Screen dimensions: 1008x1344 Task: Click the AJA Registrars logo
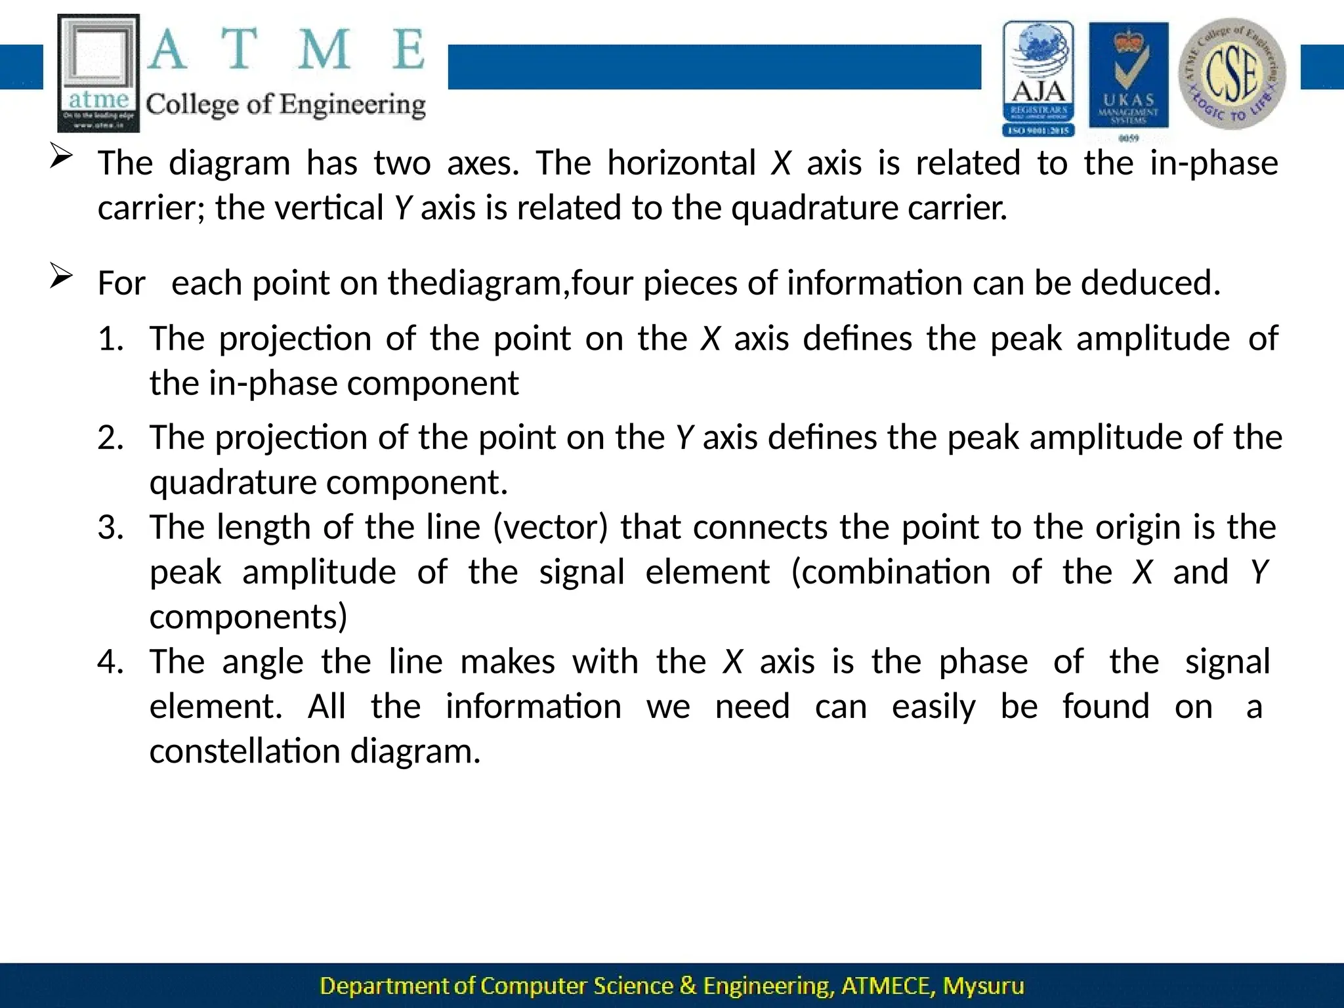[1038, 79]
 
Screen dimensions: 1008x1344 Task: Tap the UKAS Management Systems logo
[1129, 79]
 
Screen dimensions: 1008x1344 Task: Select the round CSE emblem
[1232, 73]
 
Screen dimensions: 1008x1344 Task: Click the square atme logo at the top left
[98, 73]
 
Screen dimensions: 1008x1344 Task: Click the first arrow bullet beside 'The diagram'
[60, 157]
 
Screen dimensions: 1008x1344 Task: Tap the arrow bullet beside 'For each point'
[60, 276]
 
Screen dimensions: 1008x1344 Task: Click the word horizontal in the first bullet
[681, 163]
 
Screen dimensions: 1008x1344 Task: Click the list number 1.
[110, 339]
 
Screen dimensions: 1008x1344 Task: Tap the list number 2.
[110, 437]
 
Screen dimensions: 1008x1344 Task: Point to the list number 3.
[110, 527]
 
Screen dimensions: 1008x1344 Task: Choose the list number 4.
[110, 661]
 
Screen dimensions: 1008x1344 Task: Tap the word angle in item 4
[262, 661]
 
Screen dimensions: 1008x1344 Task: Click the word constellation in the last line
[245, 751]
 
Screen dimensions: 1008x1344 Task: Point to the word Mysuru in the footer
[983, 986]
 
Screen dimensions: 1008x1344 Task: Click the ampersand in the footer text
[688, 986]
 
